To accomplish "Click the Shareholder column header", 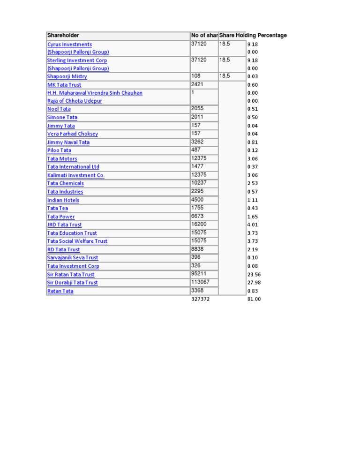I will click(x=63, y=36).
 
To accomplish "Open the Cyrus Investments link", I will click(x=69, y=45).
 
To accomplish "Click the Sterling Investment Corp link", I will click(x=77, y=60).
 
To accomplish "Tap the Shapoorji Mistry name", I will click(x=67, y=76).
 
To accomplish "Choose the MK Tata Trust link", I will click(x=64, y=85).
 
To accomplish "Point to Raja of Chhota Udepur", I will click(x=75, y=101).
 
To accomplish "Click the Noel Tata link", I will click(x=59, y=109).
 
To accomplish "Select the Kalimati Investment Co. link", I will click(x=76, y=175).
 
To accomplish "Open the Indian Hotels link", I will click(x=63, y=200).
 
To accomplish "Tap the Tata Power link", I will click(x=61, y=217).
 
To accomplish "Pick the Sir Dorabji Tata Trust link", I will click(x=73, y=283).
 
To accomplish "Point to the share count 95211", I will click(x=199, y=274).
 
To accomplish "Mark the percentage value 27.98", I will click(x=254, y=283).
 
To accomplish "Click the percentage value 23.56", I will click(x=254, y=275).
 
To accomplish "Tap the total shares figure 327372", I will click(x=201, y=299).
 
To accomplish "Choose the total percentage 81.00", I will click(x=254, y=299).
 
